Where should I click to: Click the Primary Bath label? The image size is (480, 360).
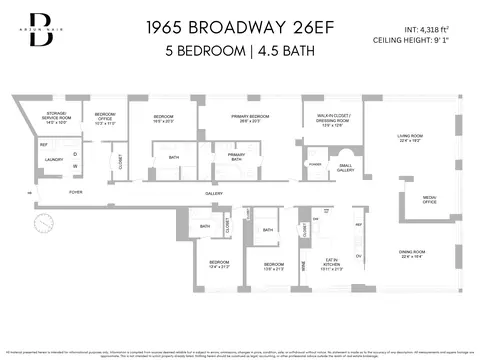236,157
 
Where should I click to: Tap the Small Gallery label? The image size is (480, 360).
344,168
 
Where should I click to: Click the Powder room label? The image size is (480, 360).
315,162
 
